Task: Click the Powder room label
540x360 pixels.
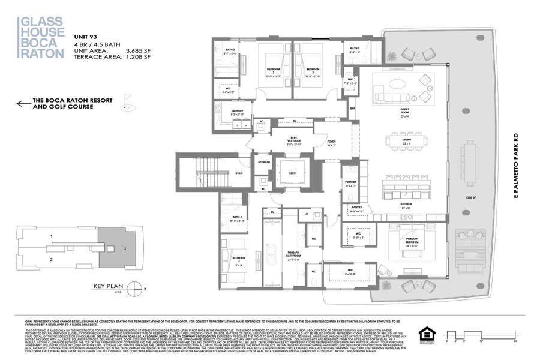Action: (x=350, y=183)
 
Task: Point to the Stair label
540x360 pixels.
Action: (x=238, y=173)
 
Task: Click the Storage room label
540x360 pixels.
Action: (x=264, y=162)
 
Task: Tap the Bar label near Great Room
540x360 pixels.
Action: (x=352, y=109)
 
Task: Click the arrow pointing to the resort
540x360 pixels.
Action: (x=23, y=103)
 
